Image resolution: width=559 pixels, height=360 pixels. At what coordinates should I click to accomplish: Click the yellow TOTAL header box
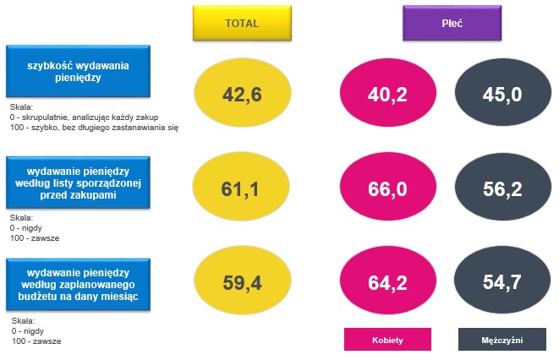coord(242,23)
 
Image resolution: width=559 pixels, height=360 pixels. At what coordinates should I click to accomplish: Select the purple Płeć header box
coord(452,23)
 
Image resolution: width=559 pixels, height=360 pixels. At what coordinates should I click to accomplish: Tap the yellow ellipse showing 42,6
coord(243,93)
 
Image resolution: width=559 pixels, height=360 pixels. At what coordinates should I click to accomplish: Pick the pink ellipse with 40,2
coord(388,93)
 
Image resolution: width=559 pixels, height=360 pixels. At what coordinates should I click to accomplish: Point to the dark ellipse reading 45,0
coord(502,93)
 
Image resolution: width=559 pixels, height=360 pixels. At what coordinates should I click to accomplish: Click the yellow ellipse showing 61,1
coord(241,187)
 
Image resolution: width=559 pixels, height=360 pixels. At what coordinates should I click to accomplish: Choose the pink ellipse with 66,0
coord(388,187)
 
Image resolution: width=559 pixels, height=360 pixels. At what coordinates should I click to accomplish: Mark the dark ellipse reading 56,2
coord(502,187)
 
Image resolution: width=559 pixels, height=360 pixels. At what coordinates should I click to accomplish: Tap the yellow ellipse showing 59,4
coord(243,281)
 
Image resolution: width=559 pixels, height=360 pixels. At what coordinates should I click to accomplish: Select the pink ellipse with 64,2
coord(388,281)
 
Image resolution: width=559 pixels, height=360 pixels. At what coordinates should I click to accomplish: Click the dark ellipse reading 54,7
coord(502,281)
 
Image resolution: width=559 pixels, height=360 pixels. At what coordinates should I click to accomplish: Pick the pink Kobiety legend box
coord(387,340)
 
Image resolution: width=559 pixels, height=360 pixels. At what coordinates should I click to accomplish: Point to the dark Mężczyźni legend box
coord(502,340)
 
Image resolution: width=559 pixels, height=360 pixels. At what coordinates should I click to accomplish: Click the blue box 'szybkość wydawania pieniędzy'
coord(78,71)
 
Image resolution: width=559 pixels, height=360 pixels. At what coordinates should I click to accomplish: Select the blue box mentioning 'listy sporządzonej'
coord(78,183)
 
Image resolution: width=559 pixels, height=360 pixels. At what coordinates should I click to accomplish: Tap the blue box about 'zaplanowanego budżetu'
coord(78,285)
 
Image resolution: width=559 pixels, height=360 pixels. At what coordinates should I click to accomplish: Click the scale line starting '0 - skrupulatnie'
coord(84,117)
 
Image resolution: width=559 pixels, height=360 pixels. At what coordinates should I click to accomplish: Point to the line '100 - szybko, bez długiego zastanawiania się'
coord(94,127)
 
